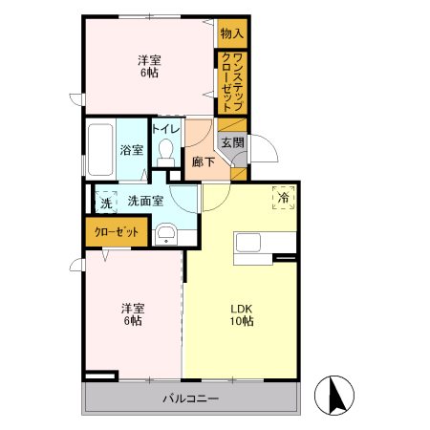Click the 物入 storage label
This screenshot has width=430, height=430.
(231, 32)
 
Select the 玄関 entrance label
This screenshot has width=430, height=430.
(232, 142)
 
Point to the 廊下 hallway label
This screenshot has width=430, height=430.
(202, 161)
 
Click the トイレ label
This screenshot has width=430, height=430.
(166, 129)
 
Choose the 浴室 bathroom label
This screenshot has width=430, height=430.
(131, 150)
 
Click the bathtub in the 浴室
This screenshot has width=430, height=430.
(99, 150)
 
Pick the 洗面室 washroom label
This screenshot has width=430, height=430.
(145, 200)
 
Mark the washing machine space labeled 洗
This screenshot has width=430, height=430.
(105, 201)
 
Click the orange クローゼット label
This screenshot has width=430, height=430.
(116, 231)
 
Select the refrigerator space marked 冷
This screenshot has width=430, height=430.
(284, 197)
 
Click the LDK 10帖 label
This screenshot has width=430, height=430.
(240, 314)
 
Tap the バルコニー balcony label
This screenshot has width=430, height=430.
(190, 398)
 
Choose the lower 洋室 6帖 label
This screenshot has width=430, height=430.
(132, 314)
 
